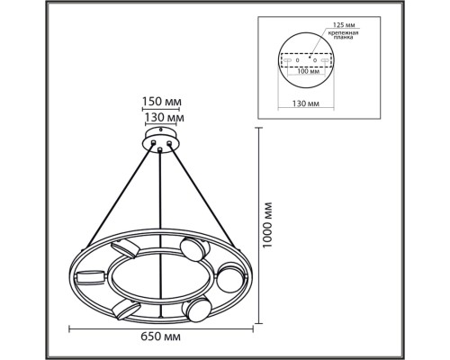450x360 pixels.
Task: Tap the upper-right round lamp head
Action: pyautogui.click(x=192, y=248)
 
